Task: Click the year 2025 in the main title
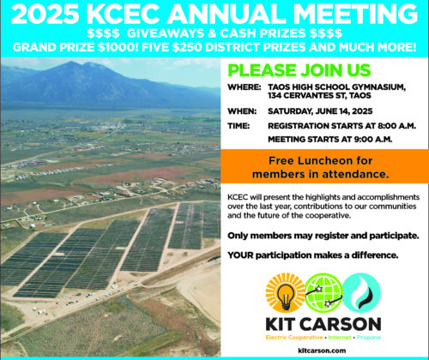tap(45, 14)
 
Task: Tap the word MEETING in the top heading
tap(355, 14)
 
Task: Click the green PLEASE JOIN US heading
tap(299, 70)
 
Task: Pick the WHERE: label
tap(245, 87)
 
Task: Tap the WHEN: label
tap(242, 111)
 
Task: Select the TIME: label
tap(239, 126)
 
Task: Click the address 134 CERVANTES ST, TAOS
tap(319, 95)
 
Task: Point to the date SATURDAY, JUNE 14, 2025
tap(320, 111)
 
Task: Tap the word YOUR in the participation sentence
tap(240, 255)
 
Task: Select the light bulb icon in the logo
tap(285, 292)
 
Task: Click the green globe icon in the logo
tap(323, 292)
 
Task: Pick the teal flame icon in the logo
tap(361, 292)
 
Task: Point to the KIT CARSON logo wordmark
tap(323, 324)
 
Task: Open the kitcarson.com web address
tap(322, 351)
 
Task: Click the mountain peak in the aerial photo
tap(71, 63)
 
